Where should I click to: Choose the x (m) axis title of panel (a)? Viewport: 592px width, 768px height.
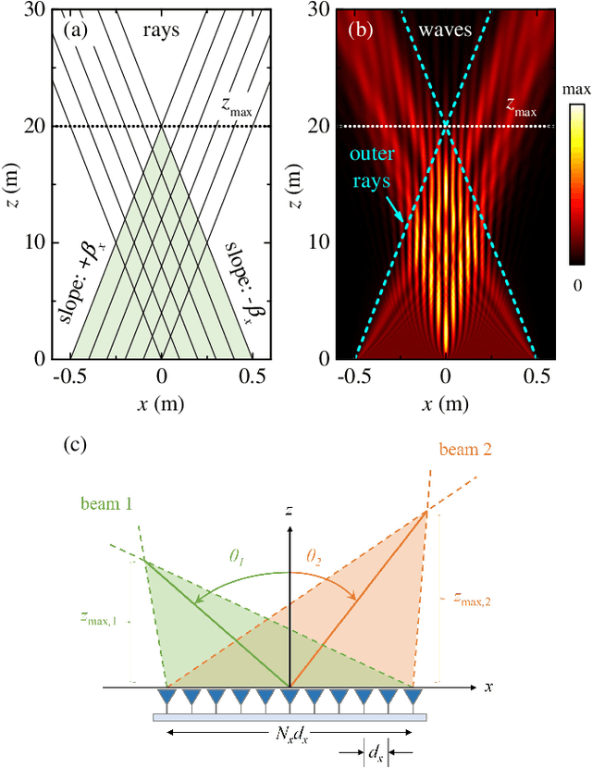[x=162, y=404]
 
